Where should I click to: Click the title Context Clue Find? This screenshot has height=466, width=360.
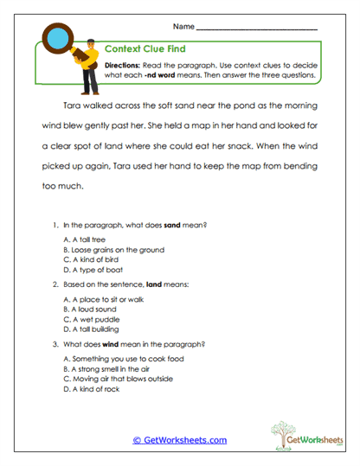tap(145, 50)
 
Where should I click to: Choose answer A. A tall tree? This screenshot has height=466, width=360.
tap(86, 238)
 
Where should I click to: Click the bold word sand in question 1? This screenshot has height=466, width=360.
tap(173, 224)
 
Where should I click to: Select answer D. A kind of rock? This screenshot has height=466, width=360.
tap(91, 389)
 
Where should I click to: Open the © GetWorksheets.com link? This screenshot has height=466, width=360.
tap(179, 440)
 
